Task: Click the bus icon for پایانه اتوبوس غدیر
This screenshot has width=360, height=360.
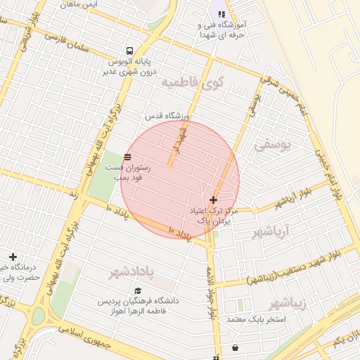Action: [x=129, y=51]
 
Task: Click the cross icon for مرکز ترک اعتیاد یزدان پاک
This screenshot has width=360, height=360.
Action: [x=214, y=200]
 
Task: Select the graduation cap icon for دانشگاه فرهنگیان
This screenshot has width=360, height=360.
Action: [x=138, y=290]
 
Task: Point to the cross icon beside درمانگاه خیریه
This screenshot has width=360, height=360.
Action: [x=12, y=257]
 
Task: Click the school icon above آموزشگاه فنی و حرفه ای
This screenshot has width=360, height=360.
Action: [x=222, y=13]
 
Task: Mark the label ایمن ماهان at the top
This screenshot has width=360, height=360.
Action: [x=77, y=4]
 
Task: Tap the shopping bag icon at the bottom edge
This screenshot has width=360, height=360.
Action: [x=234, y=348]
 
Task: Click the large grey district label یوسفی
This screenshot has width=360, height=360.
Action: [x=272, y=146]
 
